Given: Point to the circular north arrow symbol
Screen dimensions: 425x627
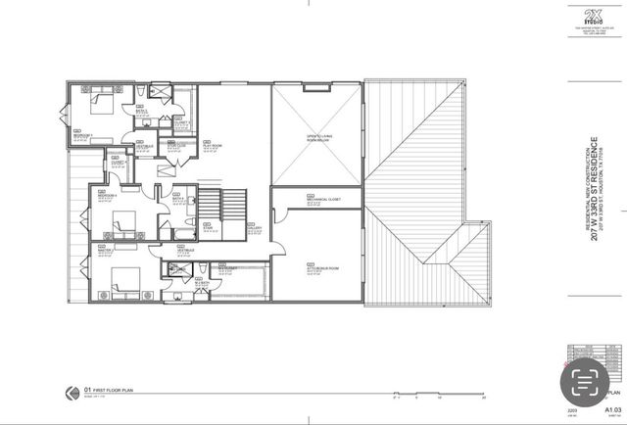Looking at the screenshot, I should (71, 392).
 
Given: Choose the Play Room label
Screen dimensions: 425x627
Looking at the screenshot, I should (210, 145).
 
